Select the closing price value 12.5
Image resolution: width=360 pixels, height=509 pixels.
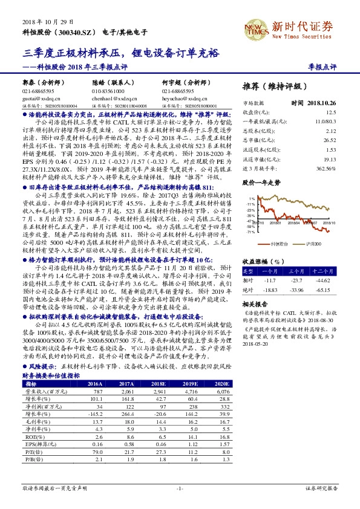coord(330,112)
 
